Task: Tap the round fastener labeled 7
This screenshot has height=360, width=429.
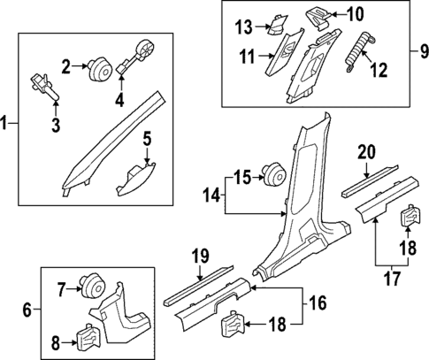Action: pos(88,286)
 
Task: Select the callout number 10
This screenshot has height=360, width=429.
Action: pos(354,14)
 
